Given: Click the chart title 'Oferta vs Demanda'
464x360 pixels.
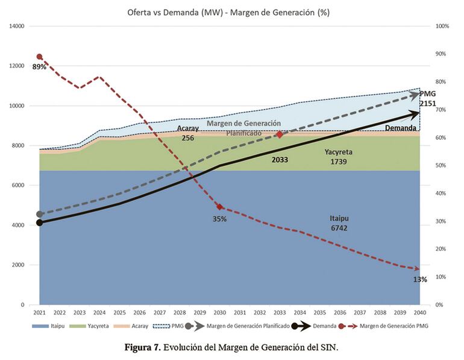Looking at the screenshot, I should [x=232, y=12].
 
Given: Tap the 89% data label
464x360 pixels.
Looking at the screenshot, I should [x=39, y=67].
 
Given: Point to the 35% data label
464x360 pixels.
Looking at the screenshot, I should [x=219, y=219].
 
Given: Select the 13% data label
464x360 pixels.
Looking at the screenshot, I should [x=420, y=279].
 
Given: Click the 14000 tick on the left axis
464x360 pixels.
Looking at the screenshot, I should [x=16, y=27].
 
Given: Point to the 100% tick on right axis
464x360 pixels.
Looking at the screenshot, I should [x=442, y=27].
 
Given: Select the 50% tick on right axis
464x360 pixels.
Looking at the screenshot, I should [x=440, y=166].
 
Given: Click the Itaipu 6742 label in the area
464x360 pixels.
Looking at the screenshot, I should [x=338, y=223].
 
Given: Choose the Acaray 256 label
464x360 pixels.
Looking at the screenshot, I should [x=188, y=133].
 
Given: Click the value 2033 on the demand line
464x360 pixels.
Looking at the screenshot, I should [x=279, y=160].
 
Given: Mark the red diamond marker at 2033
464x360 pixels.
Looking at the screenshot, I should [x=279, y=134].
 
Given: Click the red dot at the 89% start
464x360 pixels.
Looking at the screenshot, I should [x=40, y=57].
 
